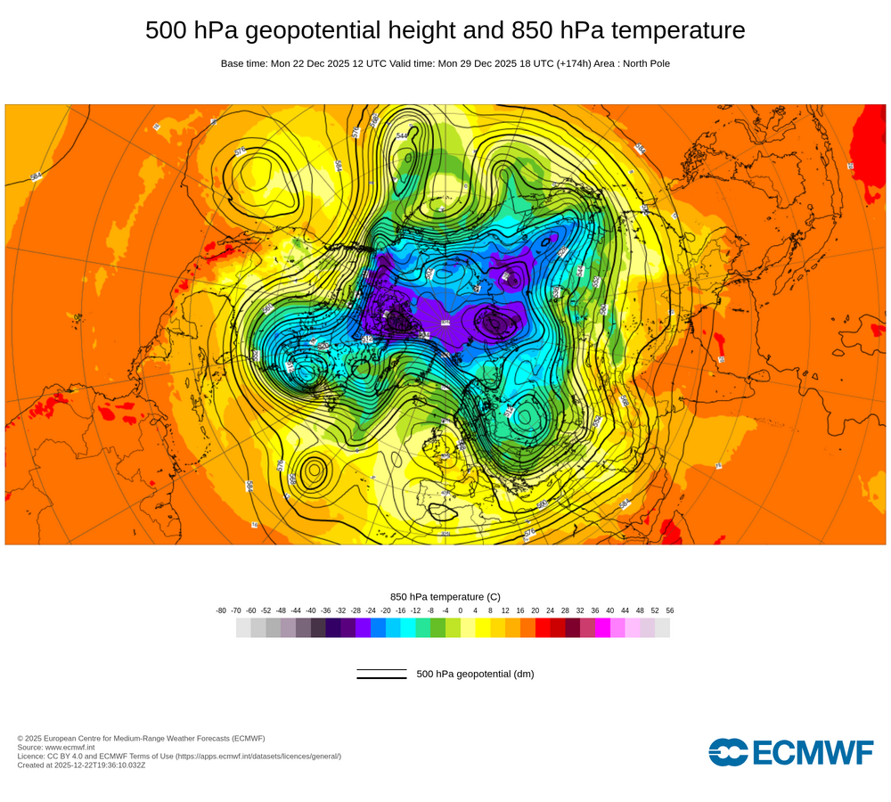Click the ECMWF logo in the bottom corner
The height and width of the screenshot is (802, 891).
790,752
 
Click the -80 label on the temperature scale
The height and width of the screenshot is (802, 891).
221,610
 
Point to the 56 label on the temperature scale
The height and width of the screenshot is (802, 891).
669,610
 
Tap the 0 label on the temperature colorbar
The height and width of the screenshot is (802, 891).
461,610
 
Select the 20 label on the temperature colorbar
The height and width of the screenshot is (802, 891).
535,610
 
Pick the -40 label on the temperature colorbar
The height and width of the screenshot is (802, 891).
311,610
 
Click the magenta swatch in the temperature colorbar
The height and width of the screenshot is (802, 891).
602,628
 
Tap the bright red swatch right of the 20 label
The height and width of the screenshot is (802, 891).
543,628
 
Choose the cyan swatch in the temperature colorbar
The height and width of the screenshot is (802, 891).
408,628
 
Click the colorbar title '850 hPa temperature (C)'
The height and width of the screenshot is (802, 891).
445,596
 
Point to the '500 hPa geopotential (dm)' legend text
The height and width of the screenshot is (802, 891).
475,674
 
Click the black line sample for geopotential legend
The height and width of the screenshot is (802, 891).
381,674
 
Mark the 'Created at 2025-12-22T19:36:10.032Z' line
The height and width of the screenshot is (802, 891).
81,765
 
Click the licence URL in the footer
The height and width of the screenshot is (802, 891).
257,756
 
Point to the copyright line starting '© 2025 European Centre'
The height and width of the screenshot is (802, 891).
141,738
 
